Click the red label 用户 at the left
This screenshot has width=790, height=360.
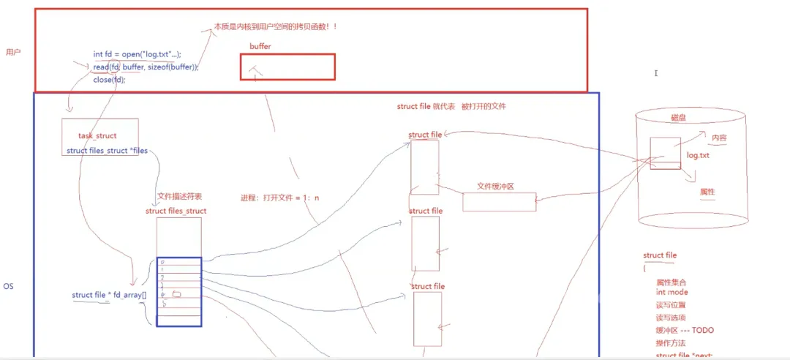[13, 52]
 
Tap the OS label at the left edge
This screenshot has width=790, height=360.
[8, 286]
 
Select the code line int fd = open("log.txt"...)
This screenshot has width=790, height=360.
[137, 54]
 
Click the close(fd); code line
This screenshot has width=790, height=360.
[109, 80]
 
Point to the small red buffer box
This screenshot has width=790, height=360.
[287, 67]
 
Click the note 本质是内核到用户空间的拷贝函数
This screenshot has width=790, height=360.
[274, 26]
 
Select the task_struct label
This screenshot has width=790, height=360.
[97, 136]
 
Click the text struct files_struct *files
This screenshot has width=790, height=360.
[107, 151]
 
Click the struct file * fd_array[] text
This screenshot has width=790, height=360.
[109, 295]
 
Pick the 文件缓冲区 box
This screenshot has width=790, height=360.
[499, 201]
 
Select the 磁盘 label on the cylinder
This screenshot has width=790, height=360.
[679, 117]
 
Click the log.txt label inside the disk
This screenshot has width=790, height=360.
[698, 156]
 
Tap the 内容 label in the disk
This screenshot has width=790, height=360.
[718, 138]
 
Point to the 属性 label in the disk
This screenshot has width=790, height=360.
[707, 192]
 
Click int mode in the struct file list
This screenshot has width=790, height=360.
[671, 292]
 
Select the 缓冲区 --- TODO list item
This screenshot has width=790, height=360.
[685, 330]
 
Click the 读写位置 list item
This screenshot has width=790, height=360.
[671, 305]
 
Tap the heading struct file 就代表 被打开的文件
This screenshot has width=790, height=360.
[451, 106]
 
